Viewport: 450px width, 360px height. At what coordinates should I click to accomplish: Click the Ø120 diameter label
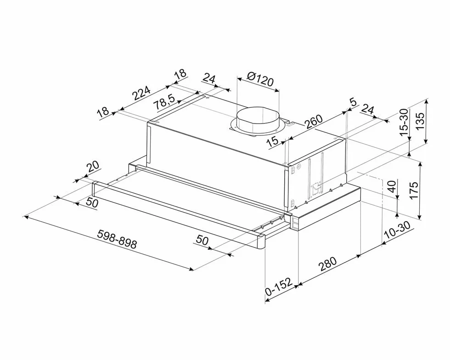(x=260, y=80)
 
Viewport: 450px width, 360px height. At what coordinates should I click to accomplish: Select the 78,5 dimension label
(x=164, y=102)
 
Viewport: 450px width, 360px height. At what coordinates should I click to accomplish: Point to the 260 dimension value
(x=314, y=122)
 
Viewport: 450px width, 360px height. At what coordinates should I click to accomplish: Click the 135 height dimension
(x=420, y=121)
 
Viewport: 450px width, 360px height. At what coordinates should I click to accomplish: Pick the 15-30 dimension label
(x=404, y=122)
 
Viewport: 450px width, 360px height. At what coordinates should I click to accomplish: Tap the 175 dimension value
(x=414, y=190)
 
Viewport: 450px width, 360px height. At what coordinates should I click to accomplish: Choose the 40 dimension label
(x=392, y=186)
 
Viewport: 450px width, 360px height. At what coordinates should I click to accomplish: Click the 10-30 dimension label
(x=398, y=230)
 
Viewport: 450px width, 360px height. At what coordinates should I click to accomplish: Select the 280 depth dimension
(x=327, y=264)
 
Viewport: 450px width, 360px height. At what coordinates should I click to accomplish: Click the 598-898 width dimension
(x=117, y=239)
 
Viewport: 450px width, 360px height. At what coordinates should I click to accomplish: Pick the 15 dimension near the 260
(x=273, y=141)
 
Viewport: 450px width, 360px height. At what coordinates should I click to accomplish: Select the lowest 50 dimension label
(x=202, y=240)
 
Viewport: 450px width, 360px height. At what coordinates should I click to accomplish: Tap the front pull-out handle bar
(x=179, y=215)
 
